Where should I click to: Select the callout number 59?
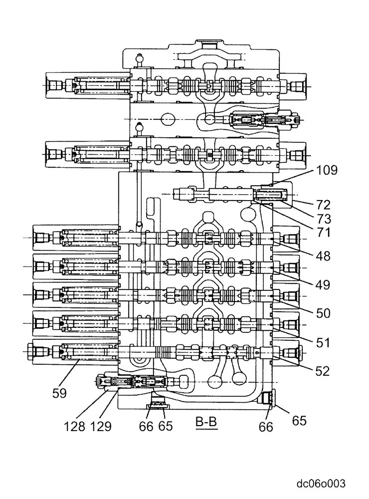pyautogui.click(x=60, y=393)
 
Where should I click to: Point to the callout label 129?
pyautogui.click(x=101, y=427)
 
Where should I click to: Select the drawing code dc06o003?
pyautogui.click(x=321, y=483)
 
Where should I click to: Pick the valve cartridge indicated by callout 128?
pyautogui.click(x=107, y=382)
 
